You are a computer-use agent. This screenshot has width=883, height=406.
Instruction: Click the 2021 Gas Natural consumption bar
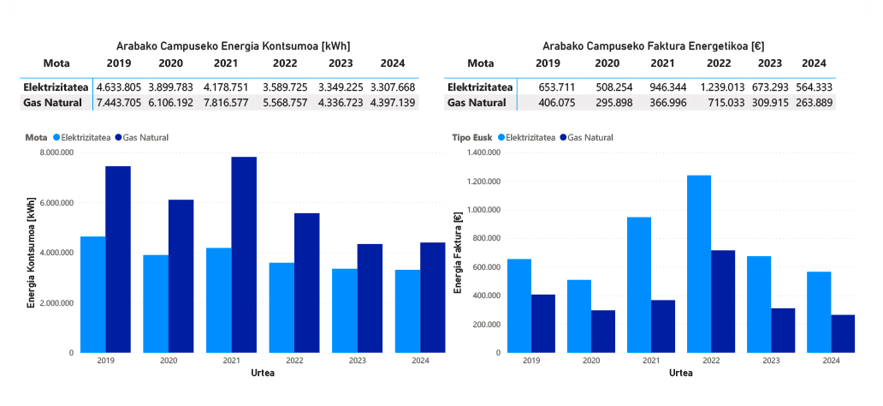pyautogui.click(x=244, y=254)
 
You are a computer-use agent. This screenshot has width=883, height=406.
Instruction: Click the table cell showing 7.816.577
pyautogui.click(x=221, y=103)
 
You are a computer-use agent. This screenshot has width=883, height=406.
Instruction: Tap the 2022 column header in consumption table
pyautogui.click(x=287, y=63)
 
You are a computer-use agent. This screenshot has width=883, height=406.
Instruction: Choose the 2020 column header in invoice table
pyautogui.click(x=607, y=63)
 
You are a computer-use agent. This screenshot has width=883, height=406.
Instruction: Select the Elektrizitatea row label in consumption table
pyautogui.click(x=56, y=87)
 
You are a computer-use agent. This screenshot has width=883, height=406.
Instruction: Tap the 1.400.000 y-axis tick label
pyautogui.click(x=482, y=152)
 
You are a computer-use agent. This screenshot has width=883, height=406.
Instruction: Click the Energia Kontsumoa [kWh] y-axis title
pyautogui.click(x=31, y=253)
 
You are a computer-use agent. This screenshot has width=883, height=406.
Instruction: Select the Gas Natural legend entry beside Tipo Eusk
pyautogui.click(x=590, y=137)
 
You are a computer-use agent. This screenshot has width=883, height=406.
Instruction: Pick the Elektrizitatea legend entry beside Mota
pyautogui.click(x=85, y=137)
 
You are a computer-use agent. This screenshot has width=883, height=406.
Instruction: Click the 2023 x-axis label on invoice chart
pyautogui.click(x=770, y=361)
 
